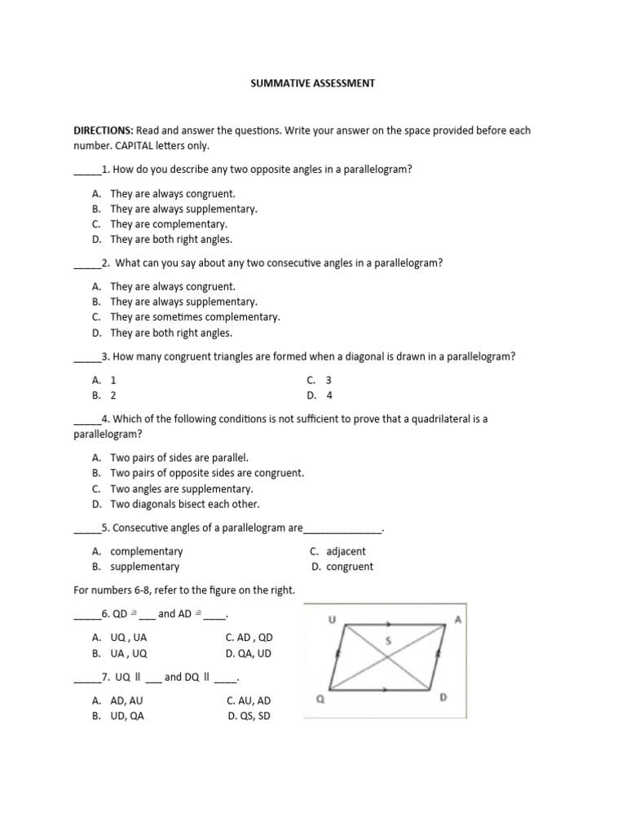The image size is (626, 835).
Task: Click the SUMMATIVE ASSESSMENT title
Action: click(x=312, y=84)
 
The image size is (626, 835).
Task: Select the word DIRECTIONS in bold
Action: click(x=104, y=130)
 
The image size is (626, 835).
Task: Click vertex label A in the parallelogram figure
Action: click(x=457, y=621)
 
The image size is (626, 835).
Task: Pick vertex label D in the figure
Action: click(x=443, y=698)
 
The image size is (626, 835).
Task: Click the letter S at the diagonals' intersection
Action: click(x=388, y=641)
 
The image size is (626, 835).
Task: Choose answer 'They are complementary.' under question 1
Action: click(x=169, y=224)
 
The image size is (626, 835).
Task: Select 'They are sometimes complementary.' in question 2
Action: click(x=195, y=317)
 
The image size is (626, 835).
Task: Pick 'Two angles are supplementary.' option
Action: click(x=182, y=489)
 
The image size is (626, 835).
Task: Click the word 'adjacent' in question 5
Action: click(x=346, y=551)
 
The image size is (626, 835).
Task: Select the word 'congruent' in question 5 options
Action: click(x=350, y=567)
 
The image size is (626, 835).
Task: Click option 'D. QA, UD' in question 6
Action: click(x=249, y=653)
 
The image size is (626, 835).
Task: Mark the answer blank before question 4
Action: click(x=86, y=420)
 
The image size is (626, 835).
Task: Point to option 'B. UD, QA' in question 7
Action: click(x=119, y=716)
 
